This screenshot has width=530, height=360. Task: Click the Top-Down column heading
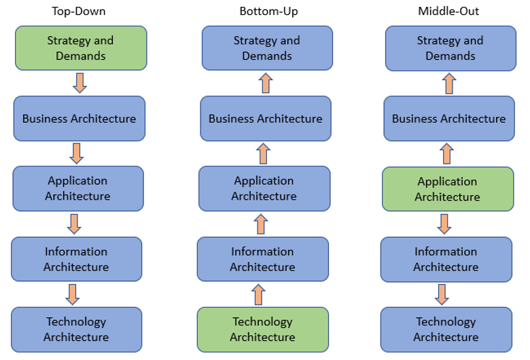coord(79,12)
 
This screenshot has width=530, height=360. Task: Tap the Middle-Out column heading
coord(449,12)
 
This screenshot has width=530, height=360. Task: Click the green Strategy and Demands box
coord(82,48)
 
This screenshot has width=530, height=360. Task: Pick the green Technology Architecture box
coord(263,329)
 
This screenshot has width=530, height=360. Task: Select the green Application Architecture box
coord(447,190)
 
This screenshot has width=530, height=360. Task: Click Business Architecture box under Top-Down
coord(79,118)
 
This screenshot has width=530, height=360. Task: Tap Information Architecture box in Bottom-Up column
coord(263,259)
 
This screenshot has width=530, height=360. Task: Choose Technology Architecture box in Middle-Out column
coord(446,329)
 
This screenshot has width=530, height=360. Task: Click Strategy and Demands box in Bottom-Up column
coord(267,48)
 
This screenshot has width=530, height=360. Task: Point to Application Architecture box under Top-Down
coord(77,188)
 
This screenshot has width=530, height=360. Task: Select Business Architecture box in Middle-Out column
coord(449,118)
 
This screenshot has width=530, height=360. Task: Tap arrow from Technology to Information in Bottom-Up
coord(258,294)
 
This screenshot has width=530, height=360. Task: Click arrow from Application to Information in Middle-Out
coord(444,223)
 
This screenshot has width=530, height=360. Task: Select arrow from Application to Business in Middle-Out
coord(446,154)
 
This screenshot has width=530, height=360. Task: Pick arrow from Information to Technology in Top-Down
coord(73,294)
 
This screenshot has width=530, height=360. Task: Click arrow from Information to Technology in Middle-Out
coord(442,294)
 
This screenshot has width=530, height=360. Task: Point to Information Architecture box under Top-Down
coord(76,259)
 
